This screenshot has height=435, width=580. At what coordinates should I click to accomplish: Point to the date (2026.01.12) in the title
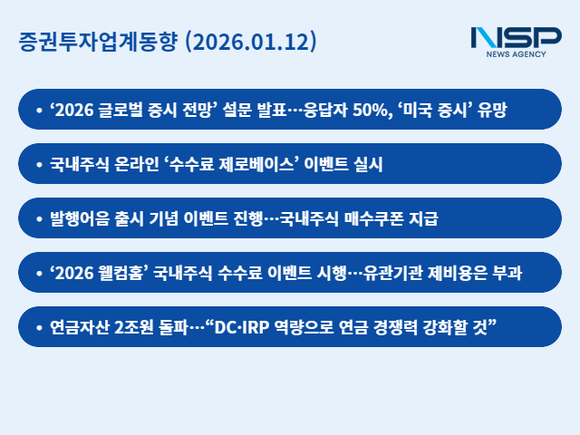click(x=249, y=43)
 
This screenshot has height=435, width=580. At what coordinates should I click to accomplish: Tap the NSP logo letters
click(x=516, y=38)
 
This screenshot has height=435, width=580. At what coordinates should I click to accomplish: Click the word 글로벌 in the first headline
click(x=119, y=110)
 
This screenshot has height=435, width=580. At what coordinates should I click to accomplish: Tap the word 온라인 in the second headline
click(x=139, y=164)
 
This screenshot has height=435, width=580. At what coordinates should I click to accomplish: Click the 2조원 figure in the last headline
click(x=135, y=327)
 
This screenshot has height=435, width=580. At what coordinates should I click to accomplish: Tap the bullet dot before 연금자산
click(x=39, y=327)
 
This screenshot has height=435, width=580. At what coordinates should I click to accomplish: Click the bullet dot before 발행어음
click(x=39, y=218)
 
